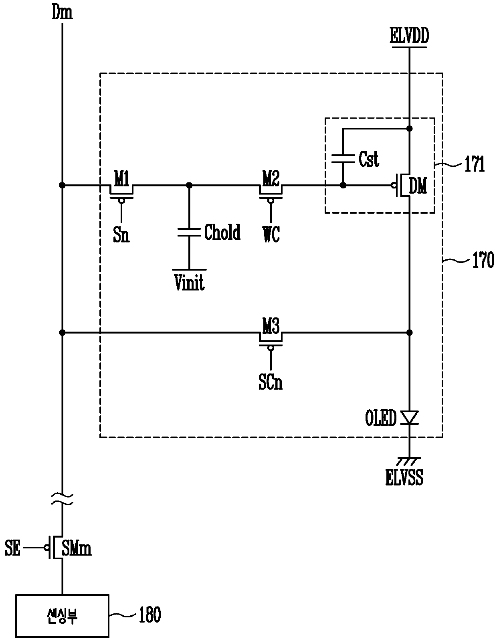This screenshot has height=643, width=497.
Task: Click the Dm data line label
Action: [62, 12]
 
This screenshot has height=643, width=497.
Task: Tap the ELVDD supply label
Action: [409, 36]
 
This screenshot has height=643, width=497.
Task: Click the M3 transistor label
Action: [271, 326]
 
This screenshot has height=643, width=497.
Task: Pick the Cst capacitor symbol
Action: [343, 159]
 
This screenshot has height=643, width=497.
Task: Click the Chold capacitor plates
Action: [189, 232]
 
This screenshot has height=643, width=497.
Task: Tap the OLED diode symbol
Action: [410, 418]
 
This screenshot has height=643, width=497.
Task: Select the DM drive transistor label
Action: [418, 186]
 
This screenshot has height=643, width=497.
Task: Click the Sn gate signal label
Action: [121, 235]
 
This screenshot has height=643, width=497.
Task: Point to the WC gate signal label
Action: [271, 235]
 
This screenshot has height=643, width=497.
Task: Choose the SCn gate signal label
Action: [271, 382]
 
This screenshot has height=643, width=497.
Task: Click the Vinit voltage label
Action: [189, 283]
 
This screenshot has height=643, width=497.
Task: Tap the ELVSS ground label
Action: [404, 477]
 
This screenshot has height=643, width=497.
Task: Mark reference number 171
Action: [475, 164]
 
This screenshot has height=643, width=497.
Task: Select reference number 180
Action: [150, 615]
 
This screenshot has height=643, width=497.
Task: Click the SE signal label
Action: [12, 548]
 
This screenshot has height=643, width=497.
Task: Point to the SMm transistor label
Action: [77, 548]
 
